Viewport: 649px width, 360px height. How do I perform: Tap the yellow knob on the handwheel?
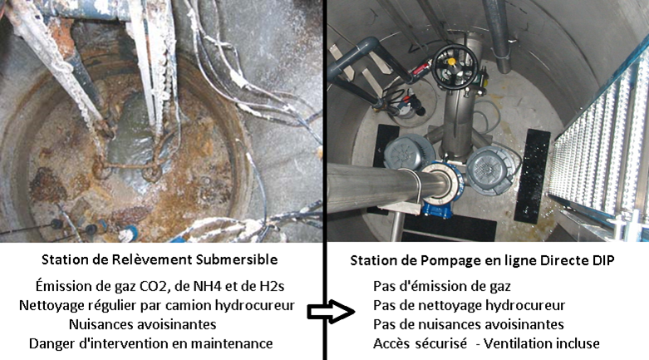click(x=451, y=62)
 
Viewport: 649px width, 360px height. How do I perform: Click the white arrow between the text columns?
click(x=331, y=312)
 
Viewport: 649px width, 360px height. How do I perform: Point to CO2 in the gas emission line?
click(x=140, y=286)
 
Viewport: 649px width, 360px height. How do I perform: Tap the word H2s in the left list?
click(x=272, y=286)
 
